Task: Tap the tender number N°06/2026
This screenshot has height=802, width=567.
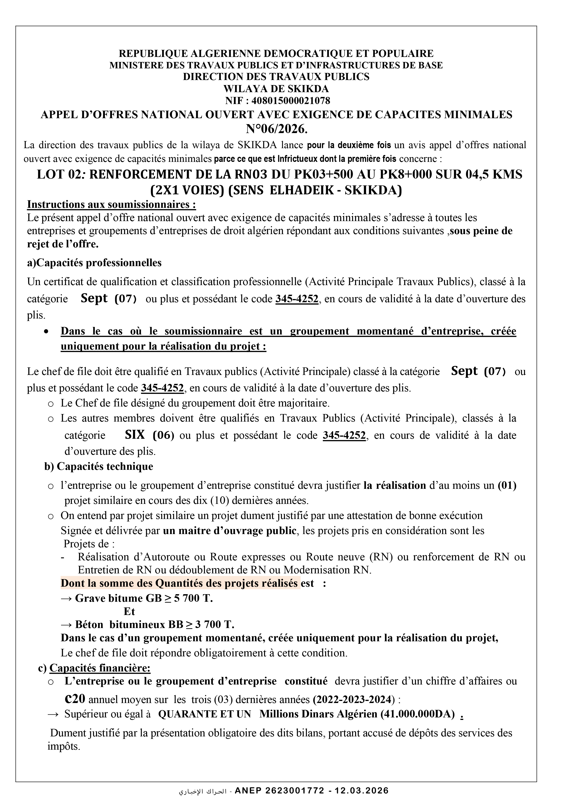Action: click(x=277, y=129)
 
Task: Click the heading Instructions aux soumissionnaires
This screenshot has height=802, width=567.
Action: click(x=111, y=204)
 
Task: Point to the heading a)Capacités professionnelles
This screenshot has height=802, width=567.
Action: click(x=94, y=263)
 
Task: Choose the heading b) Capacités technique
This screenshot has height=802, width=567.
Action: click(x=99, y=466)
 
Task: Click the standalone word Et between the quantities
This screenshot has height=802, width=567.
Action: click(x=129, y=611)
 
